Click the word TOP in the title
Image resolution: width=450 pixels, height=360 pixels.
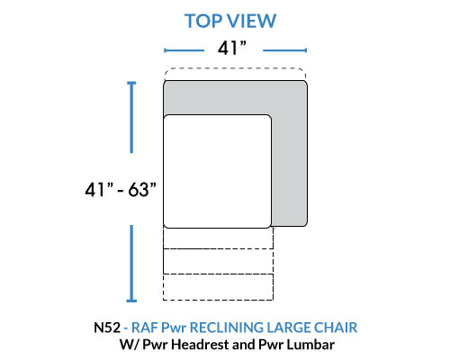203,21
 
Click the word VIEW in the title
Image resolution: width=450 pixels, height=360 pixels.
251,21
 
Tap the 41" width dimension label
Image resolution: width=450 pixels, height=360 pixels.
232,48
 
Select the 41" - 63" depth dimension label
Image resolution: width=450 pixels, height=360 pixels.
121,190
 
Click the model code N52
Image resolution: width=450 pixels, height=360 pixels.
107,328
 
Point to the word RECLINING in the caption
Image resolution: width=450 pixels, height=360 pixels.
227,328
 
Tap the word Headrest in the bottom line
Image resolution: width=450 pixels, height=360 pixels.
200,345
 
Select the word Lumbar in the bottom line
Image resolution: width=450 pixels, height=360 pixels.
310,345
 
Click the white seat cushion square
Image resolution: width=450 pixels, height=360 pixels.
218,171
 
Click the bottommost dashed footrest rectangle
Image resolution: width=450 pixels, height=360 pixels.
218,287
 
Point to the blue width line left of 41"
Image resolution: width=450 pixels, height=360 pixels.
184,50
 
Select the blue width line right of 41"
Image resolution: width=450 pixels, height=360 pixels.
284,50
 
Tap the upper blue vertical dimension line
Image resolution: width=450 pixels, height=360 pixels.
131,117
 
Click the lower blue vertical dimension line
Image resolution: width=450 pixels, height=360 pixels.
131,264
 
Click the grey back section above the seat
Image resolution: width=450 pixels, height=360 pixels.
235,98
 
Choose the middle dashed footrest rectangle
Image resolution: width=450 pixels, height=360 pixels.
218,261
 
